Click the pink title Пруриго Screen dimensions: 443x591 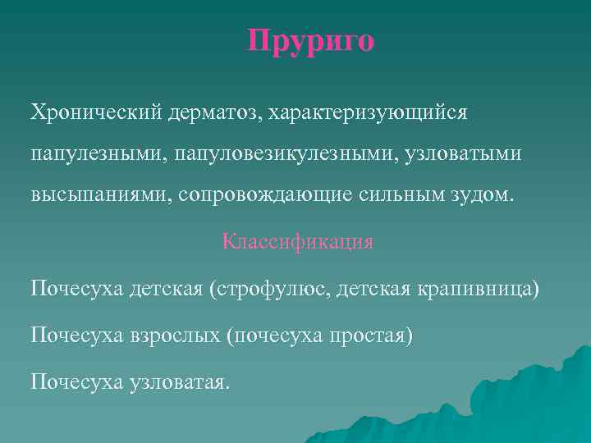(311, 40)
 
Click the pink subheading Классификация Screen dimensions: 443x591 (297, 242)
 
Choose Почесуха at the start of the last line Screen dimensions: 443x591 (76, 381)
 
